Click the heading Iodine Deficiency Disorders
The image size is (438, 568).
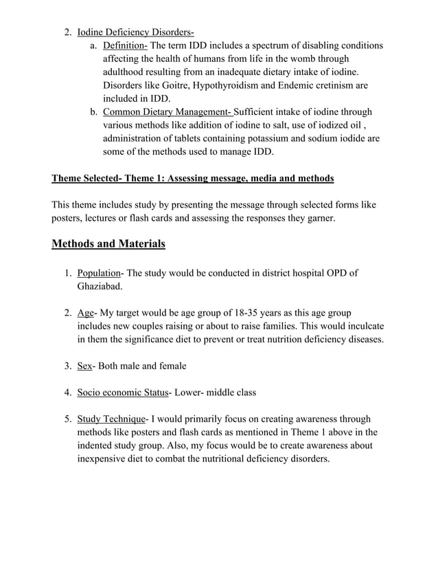coord(135,32)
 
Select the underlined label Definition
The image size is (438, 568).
coord(125,45)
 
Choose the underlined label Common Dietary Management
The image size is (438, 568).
coord(168,112)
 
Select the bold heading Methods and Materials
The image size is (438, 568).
coord(108,243)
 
